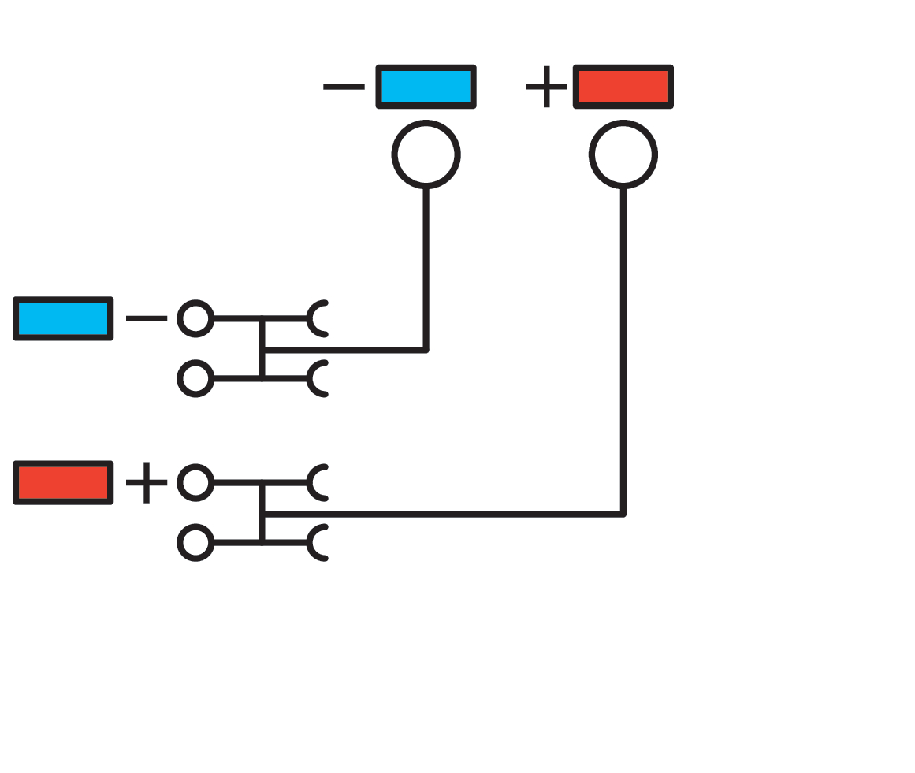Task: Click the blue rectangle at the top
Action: (426, 86)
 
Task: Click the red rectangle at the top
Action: (623, 86)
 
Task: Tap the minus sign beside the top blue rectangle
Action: (344, 87)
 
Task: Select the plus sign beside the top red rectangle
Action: (546, 87)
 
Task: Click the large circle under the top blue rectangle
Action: (426, 154)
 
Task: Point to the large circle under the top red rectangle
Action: (623, 154)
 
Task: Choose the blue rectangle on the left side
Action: (63, 318)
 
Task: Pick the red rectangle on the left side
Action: (63, 482)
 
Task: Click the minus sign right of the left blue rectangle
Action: (147, 319)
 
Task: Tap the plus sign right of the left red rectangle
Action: (147, 482)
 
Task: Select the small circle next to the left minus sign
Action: (195, 319)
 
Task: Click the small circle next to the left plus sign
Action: (195, 482)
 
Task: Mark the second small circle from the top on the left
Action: (195, 379)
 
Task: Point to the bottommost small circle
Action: (195, 543)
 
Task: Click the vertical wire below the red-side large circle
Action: (623, 355)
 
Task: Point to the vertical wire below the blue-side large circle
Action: (426, 268)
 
